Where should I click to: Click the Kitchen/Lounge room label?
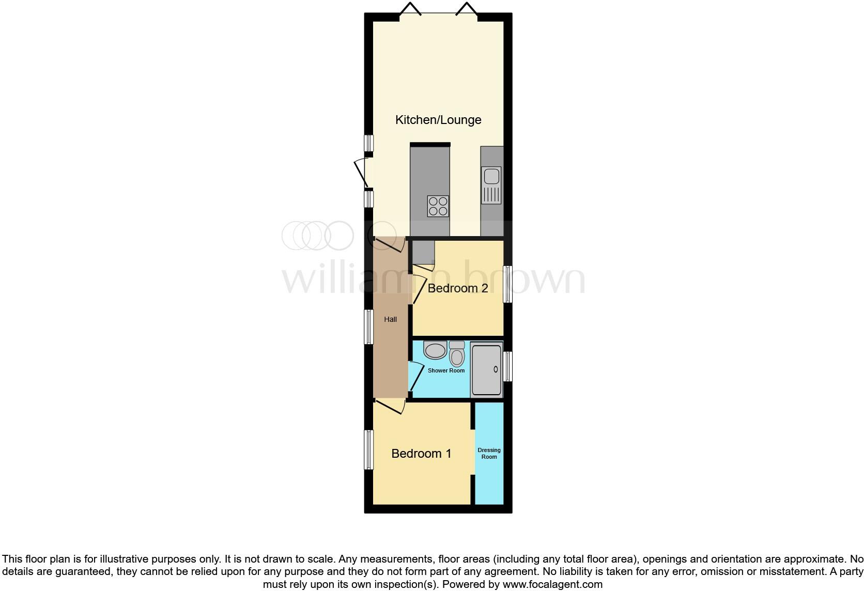(438, 120)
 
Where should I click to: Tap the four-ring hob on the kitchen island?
(438, 206)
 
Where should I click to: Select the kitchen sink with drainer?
(491, 185)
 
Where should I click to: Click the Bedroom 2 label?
(458, 288)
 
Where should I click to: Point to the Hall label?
(390, 319)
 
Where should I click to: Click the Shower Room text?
(446, 370)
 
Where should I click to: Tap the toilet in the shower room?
(457, 354)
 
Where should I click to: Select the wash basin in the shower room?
(435, 350)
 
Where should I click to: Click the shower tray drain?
(496, 369)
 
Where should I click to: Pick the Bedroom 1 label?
(421, 454)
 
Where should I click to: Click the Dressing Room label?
(489, 453)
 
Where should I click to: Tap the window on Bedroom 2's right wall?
(507, 284)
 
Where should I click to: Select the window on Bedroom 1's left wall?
(368, 449)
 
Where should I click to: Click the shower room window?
(507, 366)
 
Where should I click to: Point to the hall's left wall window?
(368, 326)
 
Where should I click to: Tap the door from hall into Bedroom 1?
(390, 406)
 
